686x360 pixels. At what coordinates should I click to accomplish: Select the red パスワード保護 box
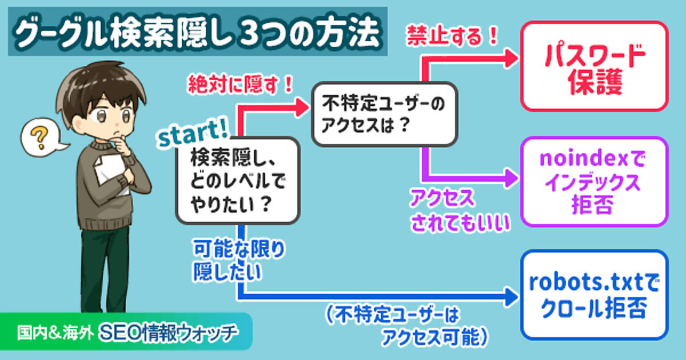tap(594, 66)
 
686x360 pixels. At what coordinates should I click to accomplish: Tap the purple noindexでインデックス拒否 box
tap(594, 181)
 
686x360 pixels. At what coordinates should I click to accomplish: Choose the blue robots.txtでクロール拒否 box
tap(594, 295)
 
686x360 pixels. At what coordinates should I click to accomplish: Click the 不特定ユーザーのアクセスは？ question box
tap(384, 113)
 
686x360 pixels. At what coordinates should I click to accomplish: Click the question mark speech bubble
tap(39, 139)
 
